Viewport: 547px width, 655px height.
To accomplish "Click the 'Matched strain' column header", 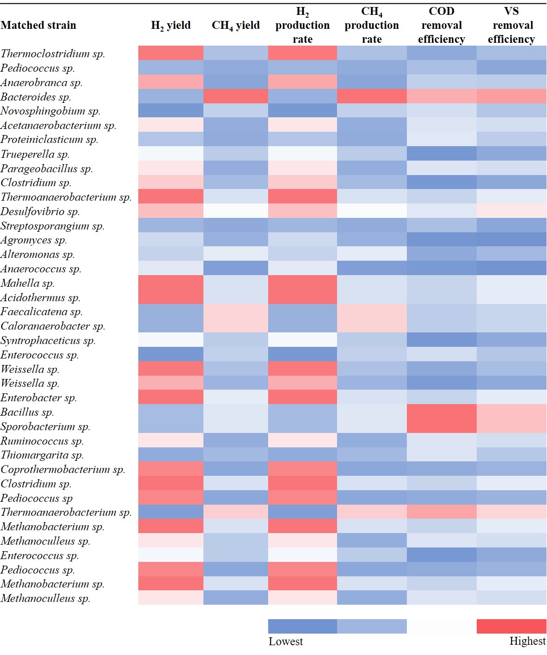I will coord(39,25).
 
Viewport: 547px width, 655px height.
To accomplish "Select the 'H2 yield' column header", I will coord(171,25).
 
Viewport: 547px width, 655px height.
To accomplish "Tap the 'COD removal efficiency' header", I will coord(441,25).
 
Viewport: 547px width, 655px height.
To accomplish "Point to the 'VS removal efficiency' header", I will coord(511,25).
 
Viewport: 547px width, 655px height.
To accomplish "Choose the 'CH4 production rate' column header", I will coord(371,25).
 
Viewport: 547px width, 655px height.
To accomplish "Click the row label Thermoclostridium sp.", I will coord(53,54).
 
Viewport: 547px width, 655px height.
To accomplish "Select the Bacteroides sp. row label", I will coord(36,97).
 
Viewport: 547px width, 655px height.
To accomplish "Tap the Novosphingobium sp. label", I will coord(50,111).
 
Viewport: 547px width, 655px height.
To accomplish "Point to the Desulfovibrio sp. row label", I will coord(40,211).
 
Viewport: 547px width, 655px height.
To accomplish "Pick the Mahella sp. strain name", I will coord(27,283).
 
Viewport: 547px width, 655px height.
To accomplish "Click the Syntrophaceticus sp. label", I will coord(48,340).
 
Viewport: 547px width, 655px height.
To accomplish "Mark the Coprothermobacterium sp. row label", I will coord(63,469).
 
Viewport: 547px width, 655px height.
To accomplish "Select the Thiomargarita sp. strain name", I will coord(42,455).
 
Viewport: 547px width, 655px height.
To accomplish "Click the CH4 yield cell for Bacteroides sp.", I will coord(236,97).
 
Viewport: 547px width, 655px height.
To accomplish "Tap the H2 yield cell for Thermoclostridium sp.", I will coord(171,53).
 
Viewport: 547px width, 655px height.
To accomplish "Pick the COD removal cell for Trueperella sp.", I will coord(441,154).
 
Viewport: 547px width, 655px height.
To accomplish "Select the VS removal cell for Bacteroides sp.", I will coord(511,97).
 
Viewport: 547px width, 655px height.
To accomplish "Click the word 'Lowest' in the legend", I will coord(285,641).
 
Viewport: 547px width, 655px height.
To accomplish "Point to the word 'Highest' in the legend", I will coord(527,641).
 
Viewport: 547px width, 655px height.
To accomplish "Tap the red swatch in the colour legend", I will coord(511,626).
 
